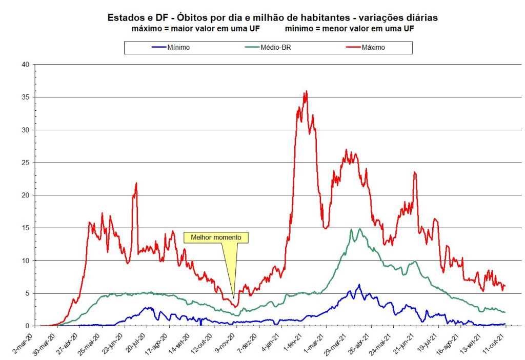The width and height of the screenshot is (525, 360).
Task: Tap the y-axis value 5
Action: pyautogui.click(x=26, y=293)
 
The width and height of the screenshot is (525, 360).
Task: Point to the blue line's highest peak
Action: pyautogui.click(x=359, y=285)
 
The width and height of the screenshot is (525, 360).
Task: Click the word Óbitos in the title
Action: pyautogui.click(x=192, y=17)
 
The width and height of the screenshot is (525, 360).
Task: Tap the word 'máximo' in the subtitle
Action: pyautogui.click(x=146, y=28)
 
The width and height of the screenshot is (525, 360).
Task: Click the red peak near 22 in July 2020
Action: pyautogui.click(x=136, y=183)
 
